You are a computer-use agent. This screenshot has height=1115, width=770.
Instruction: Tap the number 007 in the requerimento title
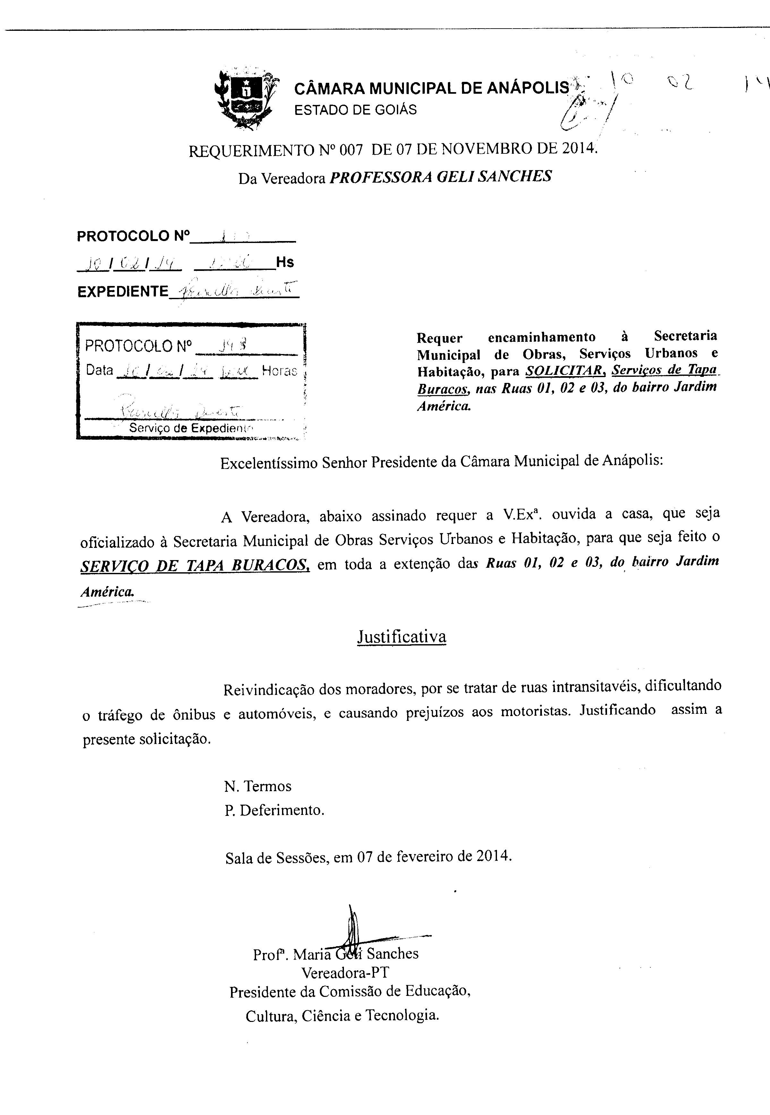[x=351, y=151]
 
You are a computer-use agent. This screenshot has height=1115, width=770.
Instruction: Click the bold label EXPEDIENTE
[x=123, y=291]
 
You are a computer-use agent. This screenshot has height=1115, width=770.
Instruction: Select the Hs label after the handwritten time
[x=285, y=262]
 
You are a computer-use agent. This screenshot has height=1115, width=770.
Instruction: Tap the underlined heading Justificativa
[x=401, y=637]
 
